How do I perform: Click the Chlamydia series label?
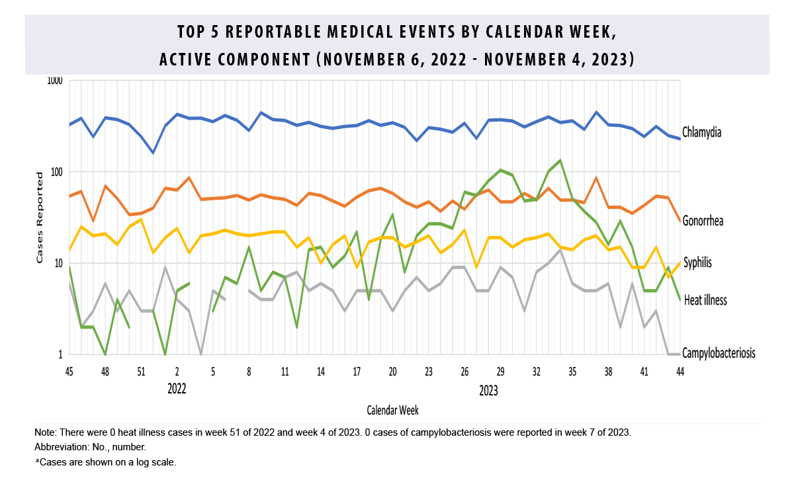click(702, 132)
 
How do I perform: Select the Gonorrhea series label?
click(703, 221)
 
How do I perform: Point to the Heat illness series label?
click(705, 300)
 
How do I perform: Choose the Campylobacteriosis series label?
click(719, 353)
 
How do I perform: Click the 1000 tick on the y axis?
click(54, 81)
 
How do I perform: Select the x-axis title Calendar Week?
click(392, 411)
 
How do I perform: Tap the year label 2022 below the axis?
click(176, 388)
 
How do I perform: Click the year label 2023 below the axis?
click(488, 391)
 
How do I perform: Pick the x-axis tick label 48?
click(105, 372)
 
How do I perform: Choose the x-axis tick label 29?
click(500, 372)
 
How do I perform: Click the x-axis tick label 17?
click(357, 372)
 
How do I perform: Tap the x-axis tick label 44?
click(680, 372)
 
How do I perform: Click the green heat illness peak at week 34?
click(560, 160)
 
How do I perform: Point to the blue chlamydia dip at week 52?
click(153, 153)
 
